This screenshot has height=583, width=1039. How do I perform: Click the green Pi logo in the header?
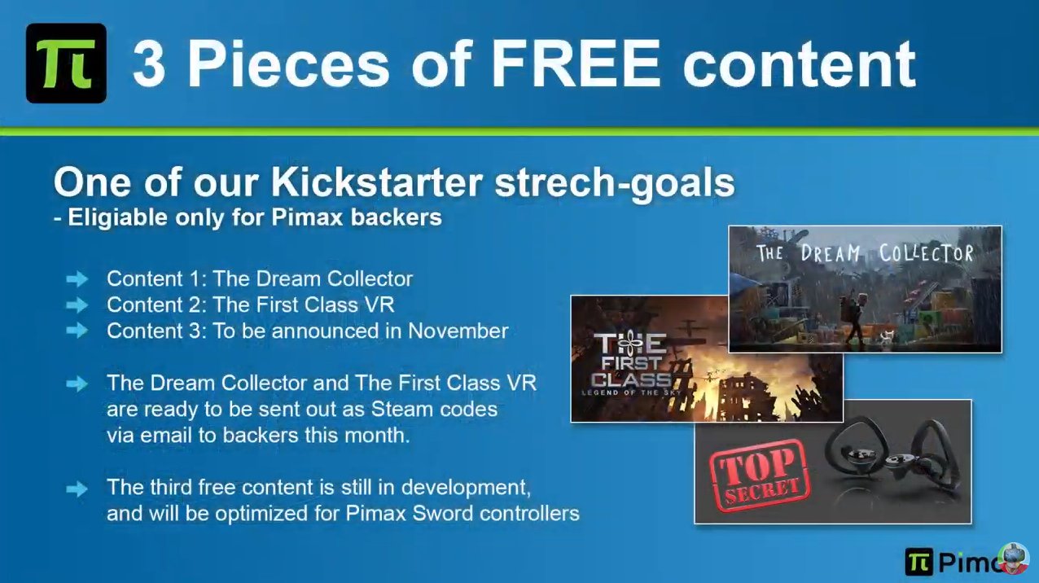coord(66,63)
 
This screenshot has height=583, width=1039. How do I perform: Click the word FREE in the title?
coord(576,64)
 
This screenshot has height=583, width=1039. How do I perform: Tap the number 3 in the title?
coord(148,64)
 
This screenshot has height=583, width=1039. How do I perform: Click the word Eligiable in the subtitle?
coord(118,218)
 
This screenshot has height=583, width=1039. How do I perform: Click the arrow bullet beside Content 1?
coord(77,279)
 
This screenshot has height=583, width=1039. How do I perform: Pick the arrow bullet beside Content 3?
coord(77,331)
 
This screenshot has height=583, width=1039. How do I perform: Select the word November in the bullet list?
coord(458,331)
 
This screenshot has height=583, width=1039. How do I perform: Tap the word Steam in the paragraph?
coord(401,410)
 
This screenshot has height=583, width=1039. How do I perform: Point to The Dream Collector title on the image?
coord(865,253)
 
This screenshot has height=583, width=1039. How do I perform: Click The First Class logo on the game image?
coord(631,365)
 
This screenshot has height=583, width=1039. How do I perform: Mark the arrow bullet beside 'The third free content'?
coord(77,489)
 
